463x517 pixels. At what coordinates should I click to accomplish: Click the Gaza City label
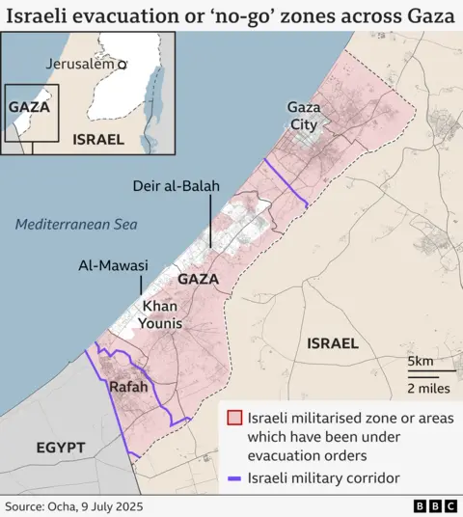click(304, 115)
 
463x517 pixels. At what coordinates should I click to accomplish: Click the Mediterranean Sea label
click(77, 225)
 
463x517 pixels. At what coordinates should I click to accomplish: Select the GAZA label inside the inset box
click(29, 107)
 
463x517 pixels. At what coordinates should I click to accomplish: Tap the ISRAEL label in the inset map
click(98, 139)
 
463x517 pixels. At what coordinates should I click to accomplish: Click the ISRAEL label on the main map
click(332, 343)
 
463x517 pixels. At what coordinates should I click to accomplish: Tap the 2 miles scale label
click(426, 388)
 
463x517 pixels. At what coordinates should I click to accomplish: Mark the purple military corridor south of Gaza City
click(286, 184)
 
